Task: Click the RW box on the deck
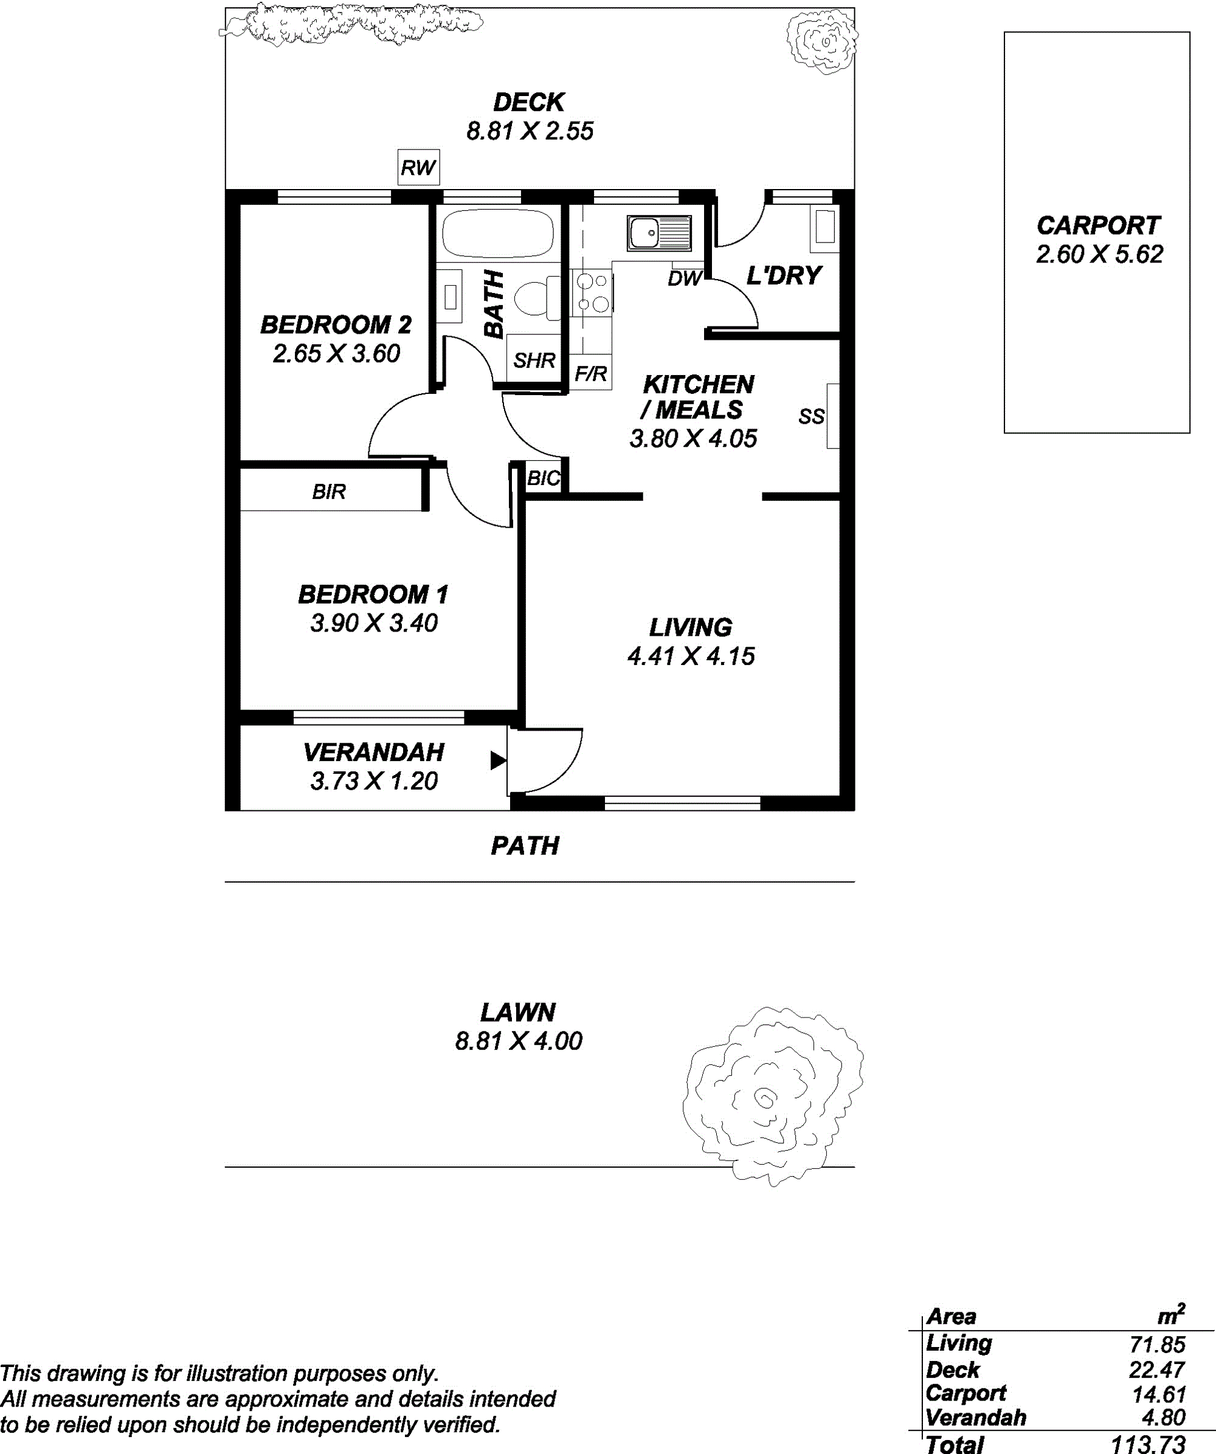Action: [x=418, y=167]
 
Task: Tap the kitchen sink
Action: [x=659, y=232]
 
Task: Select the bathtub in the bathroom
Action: [x=497, y=233]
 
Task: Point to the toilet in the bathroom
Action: [x=538, y=298]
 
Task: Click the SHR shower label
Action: [x=534, y=360]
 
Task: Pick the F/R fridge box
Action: [x=591, y=374]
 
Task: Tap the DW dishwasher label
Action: [x=685, y=278]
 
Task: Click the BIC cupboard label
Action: [x=544, y=478]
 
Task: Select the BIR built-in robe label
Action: [x=329, y=492]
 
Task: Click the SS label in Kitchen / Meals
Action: [x=812, y=416]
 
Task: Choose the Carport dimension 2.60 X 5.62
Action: [x=1099, y=254]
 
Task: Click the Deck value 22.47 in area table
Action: [x=1156, y=1369]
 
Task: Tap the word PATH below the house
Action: [x=525, y=846]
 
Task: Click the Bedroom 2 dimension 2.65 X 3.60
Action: [x=337, y=353]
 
